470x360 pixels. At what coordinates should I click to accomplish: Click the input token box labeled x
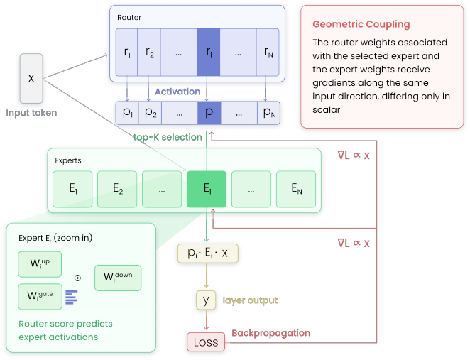[x=31, y=79]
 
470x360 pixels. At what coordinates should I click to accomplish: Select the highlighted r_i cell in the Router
[x=208, y=52]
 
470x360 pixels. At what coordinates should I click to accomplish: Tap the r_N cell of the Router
[x=268, y=52]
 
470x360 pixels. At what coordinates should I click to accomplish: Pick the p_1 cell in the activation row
[x=127, y=113]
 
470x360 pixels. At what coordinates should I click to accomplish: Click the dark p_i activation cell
[x=209, y=113]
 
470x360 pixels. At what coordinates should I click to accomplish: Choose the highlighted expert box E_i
[x=207, y=189]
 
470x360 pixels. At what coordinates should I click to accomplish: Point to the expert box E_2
[x=117, y=189]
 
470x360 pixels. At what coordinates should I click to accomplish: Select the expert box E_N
[x=296, y=189]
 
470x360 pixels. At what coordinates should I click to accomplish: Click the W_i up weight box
[x=40, y=264]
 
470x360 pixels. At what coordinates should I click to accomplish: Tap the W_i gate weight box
[x=40, y=297]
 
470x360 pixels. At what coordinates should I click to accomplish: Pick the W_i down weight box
[x=118, y=278]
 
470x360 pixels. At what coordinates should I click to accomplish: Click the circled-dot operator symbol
[x=77, y=278]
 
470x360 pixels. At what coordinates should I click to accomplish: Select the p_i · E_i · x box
[x=208, y=253]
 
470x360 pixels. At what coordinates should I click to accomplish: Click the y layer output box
[x=206, y=300]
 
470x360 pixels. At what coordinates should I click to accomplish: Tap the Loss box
[x=206, y=342]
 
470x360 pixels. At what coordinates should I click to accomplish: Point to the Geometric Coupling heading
[x=361, y=24]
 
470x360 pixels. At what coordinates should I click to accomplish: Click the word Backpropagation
[x=271, y=333]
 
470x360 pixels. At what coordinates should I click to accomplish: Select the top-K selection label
[x=168, y=137]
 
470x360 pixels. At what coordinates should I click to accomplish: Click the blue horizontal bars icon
[x=72, y=298]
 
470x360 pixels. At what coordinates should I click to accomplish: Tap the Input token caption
[x=31, y=113]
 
